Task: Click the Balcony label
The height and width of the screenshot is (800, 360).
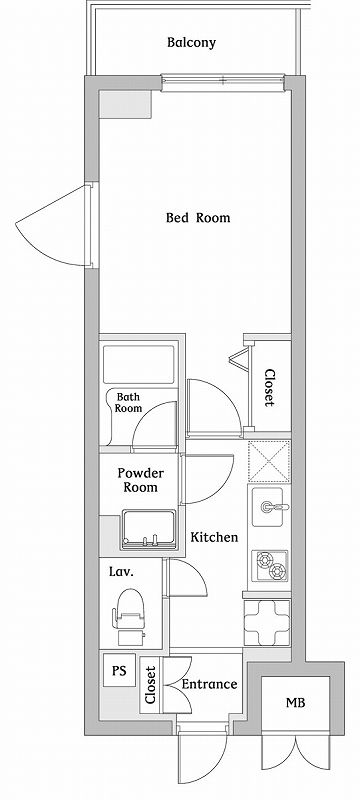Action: (x=191, y=43)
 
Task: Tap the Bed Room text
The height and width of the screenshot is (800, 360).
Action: (x=198, y=218)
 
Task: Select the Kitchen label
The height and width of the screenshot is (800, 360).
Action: (x=214, y=537)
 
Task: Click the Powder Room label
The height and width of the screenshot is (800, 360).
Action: (x=140, y=480)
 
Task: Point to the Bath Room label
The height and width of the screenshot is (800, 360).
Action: (x=127, y=403)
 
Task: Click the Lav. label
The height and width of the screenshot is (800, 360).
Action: (x=121, y=572)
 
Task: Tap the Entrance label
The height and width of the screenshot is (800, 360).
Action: (x=210, y=684)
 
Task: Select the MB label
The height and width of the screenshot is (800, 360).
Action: (x=295, y=703)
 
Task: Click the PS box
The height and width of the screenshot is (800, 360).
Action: (x=119, y=670)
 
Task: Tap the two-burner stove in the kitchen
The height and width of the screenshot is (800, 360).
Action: (x=270, y=566)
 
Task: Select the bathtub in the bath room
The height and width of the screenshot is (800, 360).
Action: (x=139, y=364)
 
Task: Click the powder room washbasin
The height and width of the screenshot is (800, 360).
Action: (x=149, y=530)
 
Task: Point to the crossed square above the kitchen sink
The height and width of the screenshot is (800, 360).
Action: (x=269, y=462)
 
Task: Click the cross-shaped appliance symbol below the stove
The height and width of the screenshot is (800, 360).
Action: (x=267, y=622)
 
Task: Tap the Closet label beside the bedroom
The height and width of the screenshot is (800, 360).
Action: (x=270, y=388)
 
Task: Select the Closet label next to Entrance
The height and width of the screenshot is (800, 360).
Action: (x=150, y=685)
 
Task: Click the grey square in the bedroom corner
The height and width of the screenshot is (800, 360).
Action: (x=125, y=105)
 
